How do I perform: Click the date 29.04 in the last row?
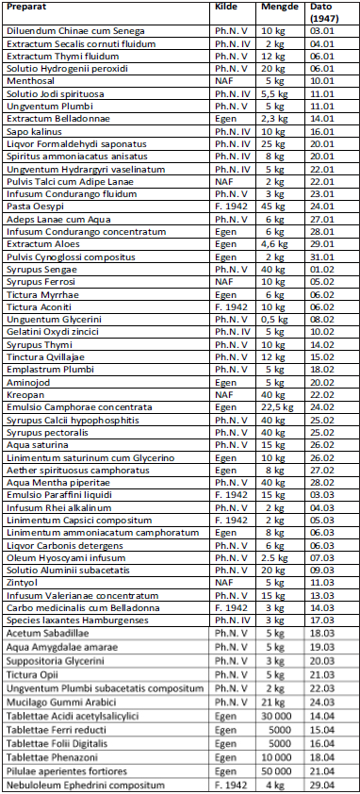pos(323,786)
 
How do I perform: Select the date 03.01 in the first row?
pos(323,33)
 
